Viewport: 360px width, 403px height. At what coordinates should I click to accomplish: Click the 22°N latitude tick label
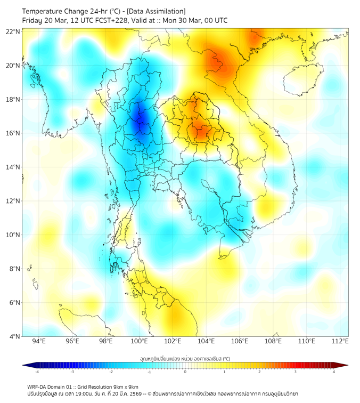point(13,31)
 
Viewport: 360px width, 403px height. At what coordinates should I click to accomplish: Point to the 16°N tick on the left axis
point(13,133)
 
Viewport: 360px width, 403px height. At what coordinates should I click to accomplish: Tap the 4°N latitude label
point(14,336)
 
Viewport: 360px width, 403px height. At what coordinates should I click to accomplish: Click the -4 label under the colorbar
point(37,372)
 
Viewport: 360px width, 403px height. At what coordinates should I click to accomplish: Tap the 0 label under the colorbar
point(185,372)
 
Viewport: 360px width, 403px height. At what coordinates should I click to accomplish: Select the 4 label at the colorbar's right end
point(334,372)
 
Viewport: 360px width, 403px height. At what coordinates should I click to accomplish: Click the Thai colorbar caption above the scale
point(185,358)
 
